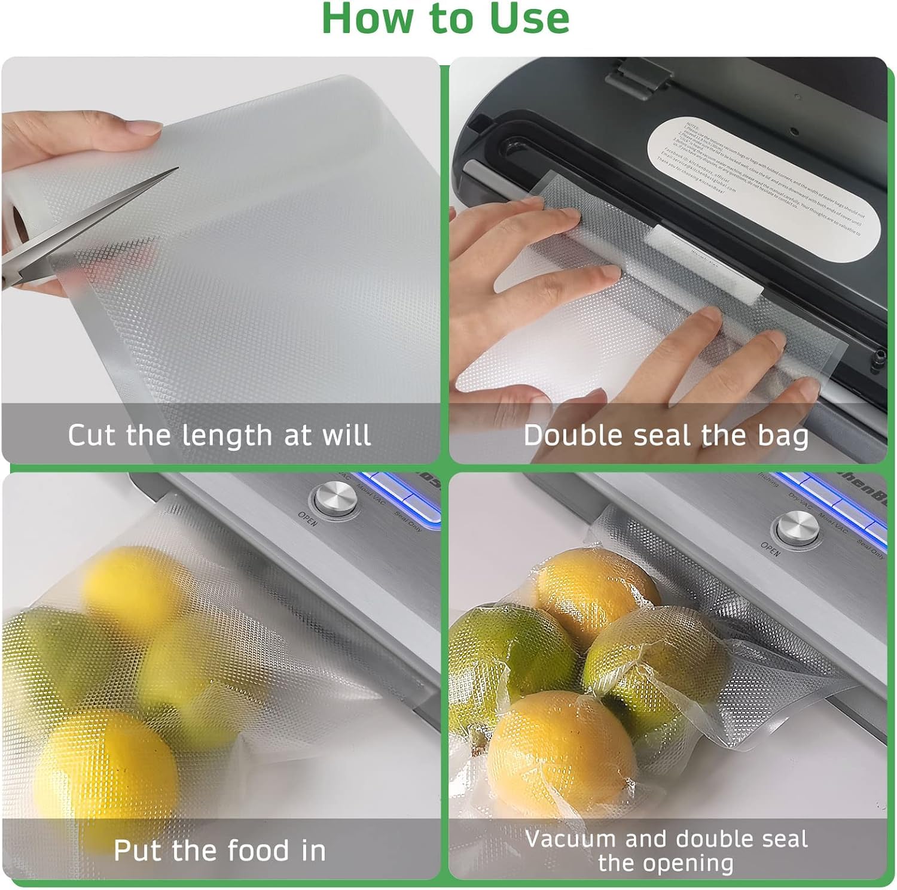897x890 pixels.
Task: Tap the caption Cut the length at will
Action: tap(219, 435)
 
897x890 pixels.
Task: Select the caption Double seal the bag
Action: tap(666, 435)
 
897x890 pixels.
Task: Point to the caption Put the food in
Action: tap(219, 850)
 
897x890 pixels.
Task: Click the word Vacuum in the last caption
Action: tap(570, 839)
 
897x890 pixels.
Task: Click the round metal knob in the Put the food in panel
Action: tap(335, 498)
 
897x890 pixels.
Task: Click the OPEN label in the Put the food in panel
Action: tap(308, 519)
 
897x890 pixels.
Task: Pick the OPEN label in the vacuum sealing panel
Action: tap(770, 548)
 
